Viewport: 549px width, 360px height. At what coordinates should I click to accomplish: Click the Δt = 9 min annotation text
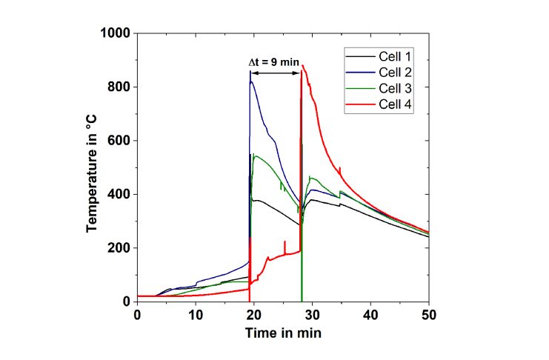click(x=273, y=63)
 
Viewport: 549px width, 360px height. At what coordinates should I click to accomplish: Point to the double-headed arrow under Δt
click(x=276, y=73)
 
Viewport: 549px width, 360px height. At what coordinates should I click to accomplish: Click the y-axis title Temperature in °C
click(x=92, y=167)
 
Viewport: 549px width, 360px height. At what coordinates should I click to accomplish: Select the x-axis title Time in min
click(x=282, y=333)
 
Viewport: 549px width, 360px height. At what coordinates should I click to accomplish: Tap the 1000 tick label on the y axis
click(x=116, y=33)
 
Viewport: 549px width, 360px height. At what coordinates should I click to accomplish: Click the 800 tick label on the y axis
click(x=119, y=87)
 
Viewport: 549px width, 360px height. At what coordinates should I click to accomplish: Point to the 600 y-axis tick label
click(x=119, y=141)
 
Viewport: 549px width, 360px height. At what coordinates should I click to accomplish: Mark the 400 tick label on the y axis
click(x=119, y=194)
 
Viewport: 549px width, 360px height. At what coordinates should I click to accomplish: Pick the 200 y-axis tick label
click(x=119, y=247)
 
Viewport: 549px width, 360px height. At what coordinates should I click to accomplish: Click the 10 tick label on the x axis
click(x=196, y=315)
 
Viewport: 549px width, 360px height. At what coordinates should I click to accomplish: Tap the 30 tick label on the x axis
click(x=312, y=315)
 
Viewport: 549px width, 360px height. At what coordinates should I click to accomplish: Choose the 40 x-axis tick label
click(x=370, y=315)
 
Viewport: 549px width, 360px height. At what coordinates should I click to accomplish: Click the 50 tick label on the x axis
click(x=428, y=315)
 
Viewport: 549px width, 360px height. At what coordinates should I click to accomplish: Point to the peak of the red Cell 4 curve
click(x=303, y=66)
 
